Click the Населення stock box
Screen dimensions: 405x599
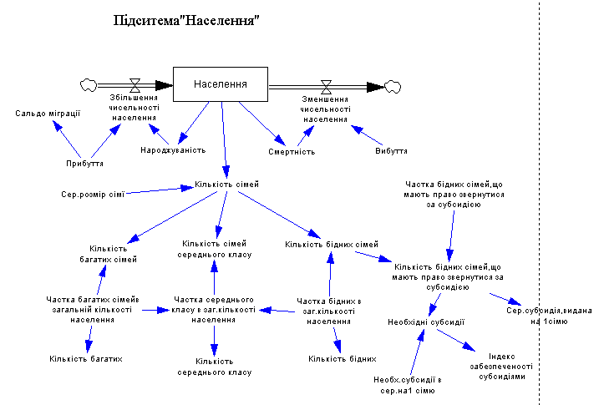coord(221,84)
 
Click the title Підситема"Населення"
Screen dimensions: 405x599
coord(181,20)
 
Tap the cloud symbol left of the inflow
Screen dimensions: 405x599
coord(86,84)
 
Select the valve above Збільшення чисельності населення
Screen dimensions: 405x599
coord(135,84)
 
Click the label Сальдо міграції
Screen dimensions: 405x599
coord(48,113)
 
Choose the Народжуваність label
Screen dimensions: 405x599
coord(173,150)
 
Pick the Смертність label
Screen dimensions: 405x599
coord(291,152)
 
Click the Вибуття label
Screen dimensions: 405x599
coord(391,152)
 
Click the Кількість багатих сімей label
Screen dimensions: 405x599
coord(113,253)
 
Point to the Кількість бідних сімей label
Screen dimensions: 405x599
coord(332,244)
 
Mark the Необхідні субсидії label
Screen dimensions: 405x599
coord(425,321)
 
